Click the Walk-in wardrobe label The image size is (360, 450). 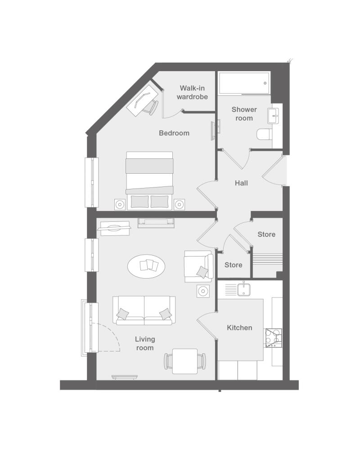(x=192, y=92)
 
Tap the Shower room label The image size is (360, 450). (x=244, y=114)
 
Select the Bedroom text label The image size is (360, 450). (x=174, y=133)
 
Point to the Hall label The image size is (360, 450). (x=241, y=183)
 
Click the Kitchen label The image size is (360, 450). (x=239, y=328)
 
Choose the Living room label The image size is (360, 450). (x=145, y=343)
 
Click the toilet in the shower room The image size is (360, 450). (x=264, y=134)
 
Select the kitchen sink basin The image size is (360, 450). (x=244, y=289)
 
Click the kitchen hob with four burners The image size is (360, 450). (x=274, y=338)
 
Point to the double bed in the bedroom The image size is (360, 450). (x=149, y=181)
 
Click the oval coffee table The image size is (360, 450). (x=146, y=266)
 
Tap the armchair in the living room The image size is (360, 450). (x=198, y=266)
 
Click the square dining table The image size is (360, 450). (x=185, y=361)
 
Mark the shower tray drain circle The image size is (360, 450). (x=265, y=83)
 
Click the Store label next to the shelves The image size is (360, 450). (x=266, y=234)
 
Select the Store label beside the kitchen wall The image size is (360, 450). (x=234, y=265)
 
